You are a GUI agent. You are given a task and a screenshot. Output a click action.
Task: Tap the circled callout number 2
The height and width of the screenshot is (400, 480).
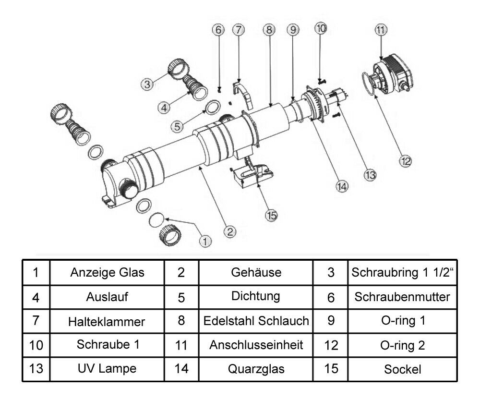click(x=231, y=231)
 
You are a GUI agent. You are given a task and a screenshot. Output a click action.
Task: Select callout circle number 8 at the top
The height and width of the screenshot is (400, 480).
click(x=269, y=30)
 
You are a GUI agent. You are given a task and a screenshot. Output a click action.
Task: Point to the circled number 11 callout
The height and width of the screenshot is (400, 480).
click(x=381, y=30)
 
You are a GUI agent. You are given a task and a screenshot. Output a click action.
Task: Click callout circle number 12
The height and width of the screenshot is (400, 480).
click(x=406, y=161)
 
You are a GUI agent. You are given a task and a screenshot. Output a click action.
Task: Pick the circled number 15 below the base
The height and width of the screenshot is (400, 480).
click(x=272, y=216)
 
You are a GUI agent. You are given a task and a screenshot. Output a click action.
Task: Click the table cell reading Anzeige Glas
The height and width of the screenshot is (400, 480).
click(x=108, y=273)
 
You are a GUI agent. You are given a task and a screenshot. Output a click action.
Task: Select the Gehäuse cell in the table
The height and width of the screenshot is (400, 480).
click(x=256, y=273)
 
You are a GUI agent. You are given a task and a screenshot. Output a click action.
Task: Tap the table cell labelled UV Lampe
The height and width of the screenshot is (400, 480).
click(x=108, y=369)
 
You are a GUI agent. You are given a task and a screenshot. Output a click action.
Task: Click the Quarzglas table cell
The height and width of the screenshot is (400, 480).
click(x=256, y=369)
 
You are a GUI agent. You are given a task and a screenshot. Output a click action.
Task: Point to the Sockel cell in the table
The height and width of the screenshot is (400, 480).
click(x=402, y=369)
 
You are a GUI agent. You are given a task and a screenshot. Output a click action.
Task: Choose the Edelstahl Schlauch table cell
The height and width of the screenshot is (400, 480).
click(x=256, y=321)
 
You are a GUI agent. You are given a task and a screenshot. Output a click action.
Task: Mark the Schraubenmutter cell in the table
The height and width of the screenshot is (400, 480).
click(x=402, y=297)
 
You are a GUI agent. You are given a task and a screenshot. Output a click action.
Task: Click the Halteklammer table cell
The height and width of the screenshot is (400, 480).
click(x=108, y=321)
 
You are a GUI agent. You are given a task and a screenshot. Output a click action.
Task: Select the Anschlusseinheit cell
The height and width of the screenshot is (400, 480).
click(x=256, y=345)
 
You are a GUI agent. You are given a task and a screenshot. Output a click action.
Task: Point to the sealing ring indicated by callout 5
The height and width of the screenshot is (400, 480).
click(x=213, y=107)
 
